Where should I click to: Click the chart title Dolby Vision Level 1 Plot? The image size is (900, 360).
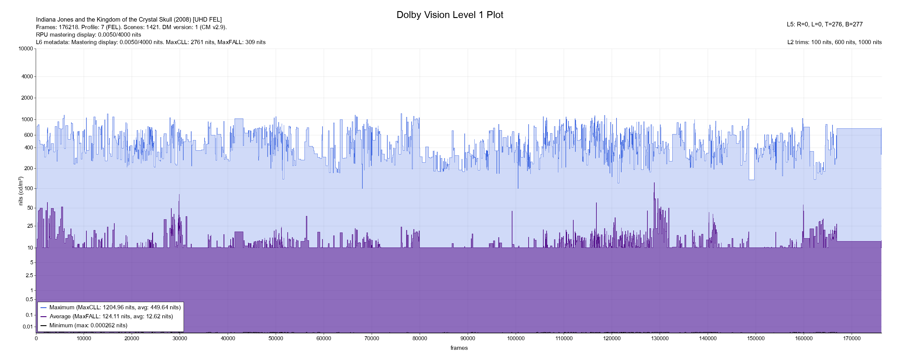(450, 15)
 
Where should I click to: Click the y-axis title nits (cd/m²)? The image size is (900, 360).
(21, 191)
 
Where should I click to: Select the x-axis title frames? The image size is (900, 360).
(459, 348)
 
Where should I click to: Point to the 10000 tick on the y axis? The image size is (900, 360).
(25, 49)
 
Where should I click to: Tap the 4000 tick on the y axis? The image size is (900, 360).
(27, 76)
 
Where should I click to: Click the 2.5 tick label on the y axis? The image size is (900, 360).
(29, 275)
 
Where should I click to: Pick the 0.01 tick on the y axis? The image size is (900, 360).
(28, 327)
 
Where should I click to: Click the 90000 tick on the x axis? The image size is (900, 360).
(468, 338)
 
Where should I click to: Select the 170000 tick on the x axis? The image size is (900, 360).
(852, 338)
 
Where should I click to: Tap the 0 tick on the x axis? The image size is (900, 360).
(36, 338)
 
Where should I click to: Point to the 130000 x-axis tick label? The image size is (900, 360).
(660, 338)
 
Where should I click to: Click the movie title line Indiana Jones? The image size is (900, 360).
(129, 19)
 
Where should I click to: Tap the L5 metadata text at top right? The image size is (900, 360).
(824, 25)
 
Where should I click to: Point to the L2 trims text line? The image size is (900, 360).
(834, 42)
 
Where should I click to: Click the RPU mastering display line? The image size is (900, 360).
(88, 34)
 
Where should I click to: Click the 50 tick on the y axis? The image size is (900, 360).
(30, 208)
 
